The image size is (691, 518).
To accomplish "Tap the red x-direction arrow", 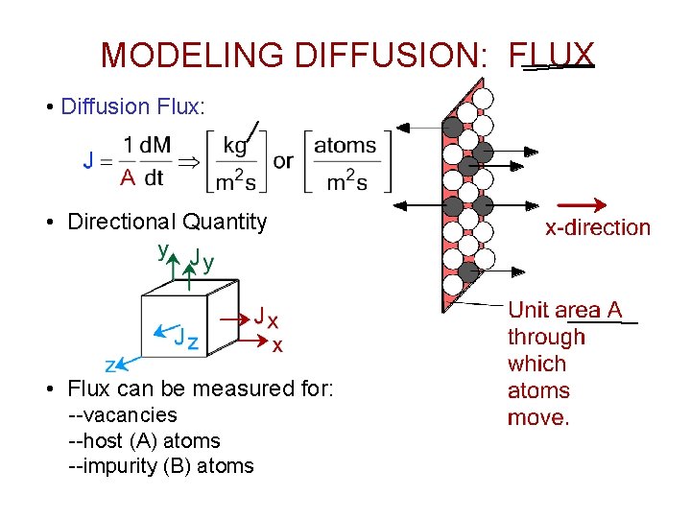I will (583, 204).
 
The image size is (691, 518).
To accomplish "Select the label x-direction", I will (597, 228).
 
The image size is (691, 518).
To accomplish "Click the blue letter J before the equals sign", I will (88, 160).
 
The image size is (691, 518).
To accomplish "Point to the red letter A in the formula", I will (127, 177).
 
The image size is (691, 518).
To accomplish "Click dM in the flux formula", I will (155, 145).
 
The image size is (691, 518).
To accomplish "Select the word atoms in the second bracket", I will (345, 146).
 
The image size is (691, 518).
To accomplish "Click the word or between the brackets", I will (282, 160).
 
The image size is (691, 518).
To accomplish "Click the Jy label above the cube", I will (202, 258).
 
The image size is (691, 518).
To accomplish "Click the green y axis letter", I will (163, 250).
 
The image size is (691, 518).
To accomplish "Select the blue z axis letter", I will (110, 365).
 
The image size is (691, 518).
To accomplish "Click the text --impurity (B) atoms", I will (161, 466).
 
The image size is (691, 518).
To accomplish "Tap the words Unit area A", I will (564, 310).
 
